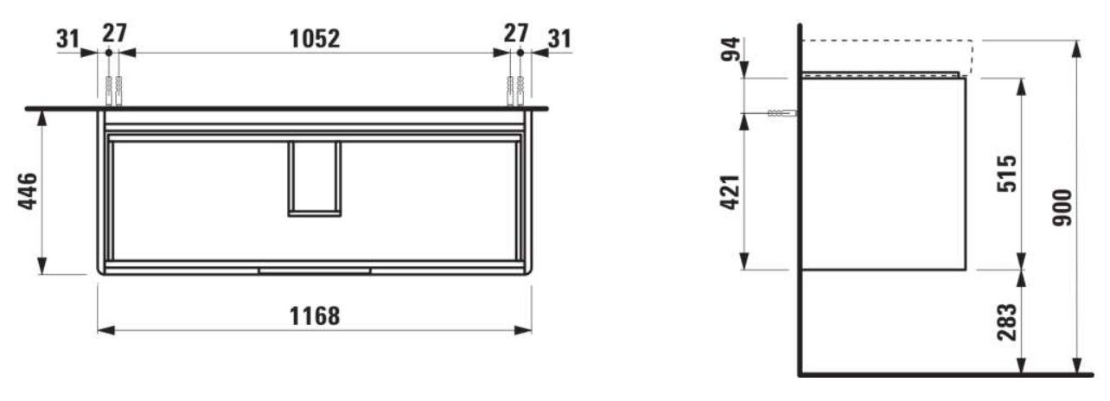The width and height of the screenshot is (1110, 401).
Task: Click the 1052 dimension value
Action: coord(315,39)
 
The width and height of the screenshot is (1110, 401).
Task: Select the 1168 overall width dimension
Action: coord(315,315)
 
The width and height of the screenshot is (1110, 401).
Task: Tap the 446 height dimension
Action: coord(28,191)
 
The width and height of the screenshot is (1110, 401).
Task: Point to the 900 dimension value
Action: coord(1062,207)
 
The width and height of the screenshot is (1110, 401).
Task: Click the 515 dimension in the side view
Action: coord(1007,174)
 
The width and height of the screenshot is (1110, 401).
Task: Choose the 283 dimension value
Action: coord(1007,322)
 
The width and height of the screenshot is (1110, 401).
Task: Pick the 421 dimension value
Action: coord(730,193)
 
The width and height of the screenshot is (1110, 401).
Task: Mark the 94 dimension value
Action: coord(730,48)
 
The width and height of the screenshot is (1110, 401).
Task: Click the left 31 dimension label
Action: coord(68,39)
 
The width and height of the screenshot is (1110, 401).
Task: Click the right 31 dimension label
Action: coord(560,39)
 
